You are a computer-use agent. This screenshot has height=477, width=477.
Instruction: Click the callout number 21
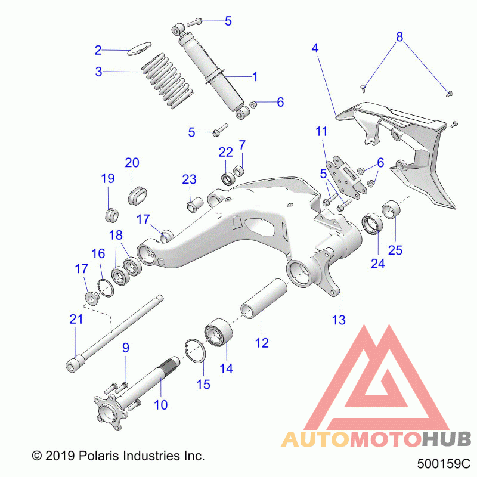76,319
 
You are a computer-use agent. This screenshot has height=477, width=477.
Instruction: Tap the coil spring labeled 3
168,81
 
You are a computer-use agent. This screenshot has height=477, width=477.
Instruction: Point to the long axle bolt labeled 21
114,333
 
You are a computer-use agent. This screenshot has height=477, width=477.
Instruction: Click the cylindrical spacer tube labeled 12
264,298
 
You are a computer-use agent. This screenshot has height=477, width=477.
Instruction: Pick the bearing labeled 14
218,333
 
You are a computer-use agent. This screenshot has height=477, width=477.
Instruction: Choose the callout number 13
339,320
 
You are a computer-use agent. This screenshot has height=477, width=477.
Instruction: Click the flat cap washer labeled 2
139,49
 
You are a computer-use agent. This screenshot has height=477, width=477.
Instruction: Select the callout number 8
399,37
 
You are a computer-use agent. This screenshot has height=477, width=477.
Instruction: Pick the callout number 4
315,48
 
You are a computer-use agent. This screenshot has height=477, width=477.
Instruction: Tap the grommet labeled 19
111,215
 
